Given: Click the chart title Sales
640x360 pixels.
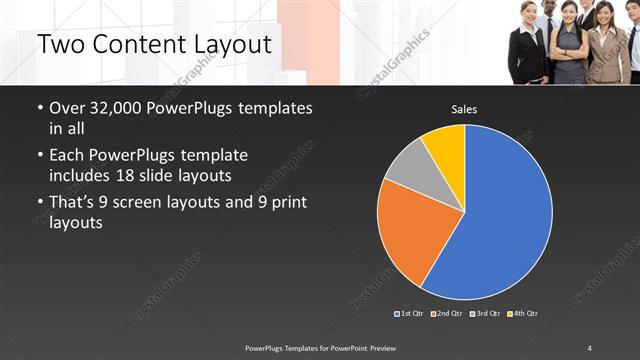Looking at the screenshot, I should pos(464,109).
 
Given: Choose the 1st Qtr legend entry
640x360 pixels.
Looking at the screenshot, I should pos(412,314).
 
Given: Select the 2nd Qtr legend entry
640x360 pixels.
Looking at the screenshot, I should pos(448,314).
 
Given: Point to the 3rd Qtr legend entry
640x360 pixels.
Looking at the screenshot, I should pos(485,314).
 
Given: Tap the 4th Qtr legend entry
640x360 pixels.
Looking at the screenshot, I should pos(522,314).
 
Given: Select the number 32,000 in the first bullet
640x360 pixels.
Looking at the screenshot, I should pos(116,108).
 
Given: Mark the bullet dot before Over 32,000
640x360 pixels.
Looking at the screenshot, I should pos(39,109).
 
